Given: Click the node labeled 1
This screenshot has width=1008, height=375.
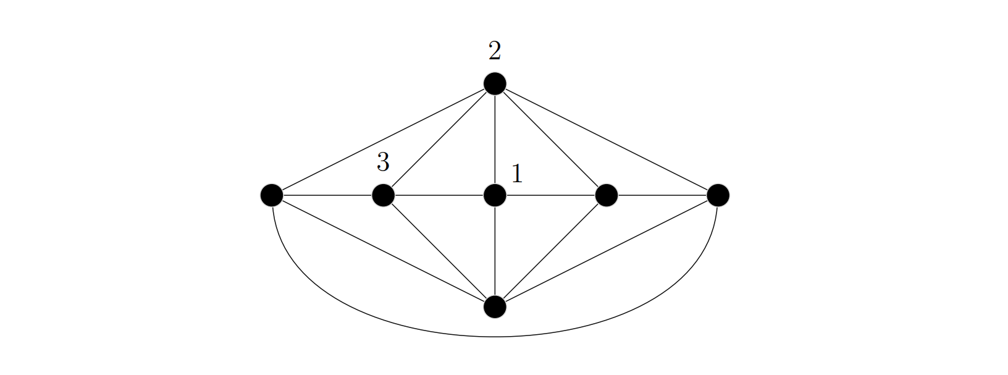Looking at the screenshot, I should pos(495,195).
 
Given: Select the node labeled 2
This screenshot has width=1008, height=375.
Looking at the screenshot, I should pos(495,83).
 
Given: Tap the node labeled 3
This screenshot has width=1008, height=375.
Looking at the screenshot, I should pos(383,195).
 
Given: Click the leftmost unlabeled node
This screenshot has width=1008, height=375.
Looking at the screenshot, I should pos(272,195).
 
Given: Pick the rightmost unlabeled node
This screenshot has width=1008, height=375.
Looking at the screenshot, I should pos(718,195).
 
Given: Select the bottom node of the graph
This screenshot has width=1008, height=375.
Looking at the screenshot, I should pos(495,306).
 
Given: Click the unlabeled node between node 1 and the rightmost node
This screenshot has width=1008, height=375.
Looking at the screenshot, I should pos(607,195).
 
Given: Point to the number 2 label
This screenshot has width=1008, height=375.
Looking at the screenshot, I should pos(495,52).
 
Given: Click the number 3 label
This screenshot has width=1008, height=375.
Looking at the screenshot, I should pos(383,163).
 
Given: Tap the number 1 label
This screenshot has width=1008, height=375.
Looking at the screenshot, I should pos(517,174).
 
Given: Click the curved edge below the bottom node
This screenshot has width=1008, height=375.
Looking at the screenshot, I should pos(495,337).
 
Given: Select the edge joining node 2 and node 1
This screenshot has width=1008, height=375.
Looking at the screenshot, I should pos(495,139).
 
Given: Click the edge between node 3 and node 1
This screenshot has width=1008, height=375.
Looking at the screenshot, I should pos(439,195).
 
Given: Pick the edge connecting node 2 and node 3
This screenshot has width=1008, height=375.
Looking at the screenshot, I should pos(439,140).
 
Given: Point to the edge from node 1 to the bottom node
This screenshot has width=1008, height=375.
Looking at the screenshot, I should pos(495,251).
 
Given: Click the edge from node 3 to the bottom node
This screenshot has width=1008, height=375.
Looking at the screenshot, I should pos(439,251).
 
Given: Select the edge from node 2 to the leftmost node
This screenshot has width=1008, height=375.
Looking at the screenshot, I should pos(383,140).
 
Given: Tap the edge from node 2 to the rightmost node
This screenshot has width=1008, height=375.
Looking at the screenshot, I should pos(607,140).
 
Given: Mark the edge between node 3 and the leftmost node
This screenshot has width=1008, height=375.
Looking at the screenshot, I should pos(327,195).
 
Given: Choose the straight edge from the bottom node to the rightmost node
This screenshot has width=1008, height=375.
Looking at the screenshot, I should pos(607,251).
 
